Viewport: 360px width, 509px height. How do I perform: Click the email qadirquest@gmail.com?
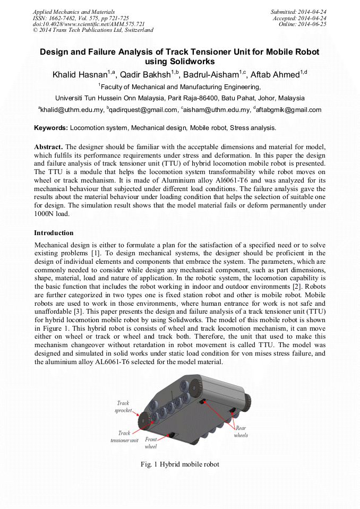[143, 110]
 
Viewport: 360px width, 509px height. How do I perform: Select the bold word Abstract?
[48, 146]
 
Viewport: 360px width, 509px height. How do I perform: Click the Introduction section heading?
[54, 232]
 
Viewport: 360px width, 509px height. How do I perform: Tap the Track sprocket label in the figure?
[123, 407]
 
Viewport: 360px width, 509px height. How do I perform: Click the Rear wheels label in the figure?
[241, 432]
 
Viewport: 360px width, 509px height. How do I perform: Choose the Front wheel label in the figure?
[151, 443]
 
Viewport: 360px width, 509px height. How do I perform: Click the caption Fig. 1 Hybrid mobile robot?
[179, 464]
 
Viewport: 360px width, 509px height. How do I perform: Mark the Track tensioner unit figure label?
[124, 437]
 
